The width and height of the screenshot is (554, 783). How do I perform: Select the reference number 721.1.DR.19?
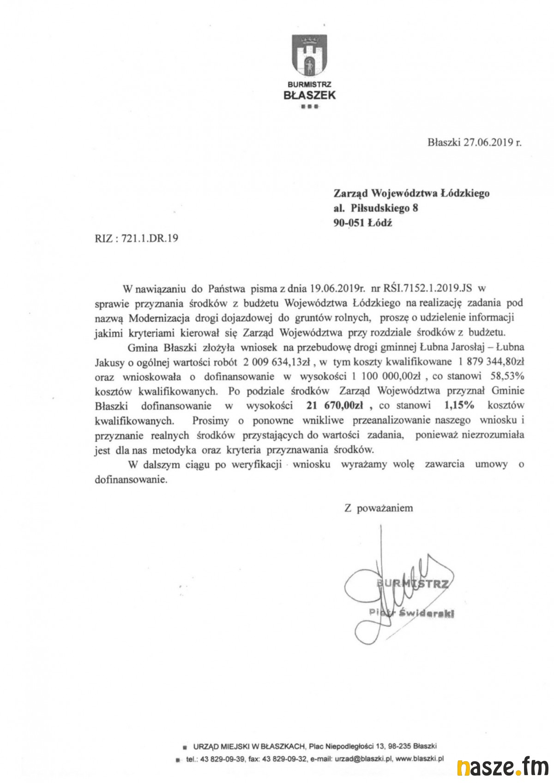(x=151, y=238)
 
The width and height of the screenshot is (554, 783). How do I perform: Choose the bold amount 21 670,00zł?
(x=339, y=406)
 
